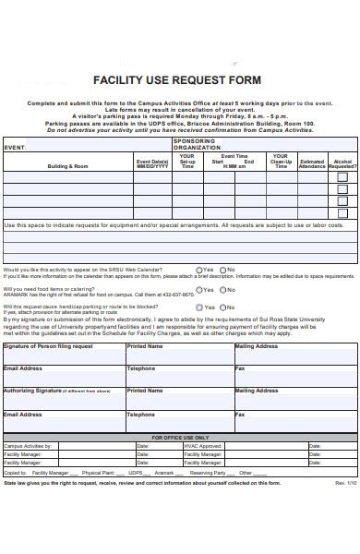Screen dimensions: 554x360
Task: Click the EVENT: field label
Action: click(x=16, y=146)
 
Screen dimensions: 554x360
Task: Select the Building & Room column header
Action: click(x=68, y=165)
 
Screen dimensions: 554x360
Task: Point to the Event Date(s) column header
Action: click(x=152, y=163)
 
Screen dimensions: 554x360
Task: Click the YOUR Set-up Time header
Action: click(x=187, y=162)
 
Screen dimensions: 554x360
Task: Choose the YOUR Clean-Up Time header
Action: click(x=281, y=162)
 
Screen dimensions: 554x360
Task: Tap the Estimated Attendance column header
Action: click(x=312, y=163)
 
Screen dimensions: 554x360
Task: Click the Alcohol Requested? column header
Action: click(x=342, y=163)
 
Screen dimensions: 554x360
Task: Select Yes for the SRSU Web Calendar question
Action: click(x=199, y=270)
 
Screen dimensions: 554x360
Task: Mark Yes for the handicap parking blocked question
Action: click(x=199, y=307)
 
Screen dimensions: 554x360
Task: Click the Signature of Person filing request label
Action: click(x=48, y=346)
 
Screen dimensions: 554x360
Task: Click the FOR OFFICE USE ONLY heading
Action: click(x=180, y=437)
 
